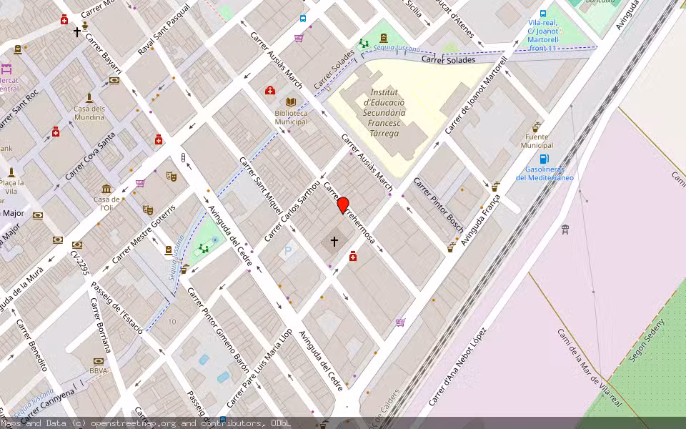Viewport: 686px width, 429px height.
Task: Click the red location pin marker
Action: [x=343, y=204]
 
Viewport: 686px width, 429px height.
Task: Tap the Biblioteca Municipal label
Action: [x=291, y=117]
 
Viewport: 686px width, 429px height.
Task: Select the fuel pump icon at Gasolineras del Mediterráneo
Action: [x=544, y=159]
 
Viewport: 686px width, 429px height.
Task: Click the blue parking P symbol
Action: [x=288, y=251]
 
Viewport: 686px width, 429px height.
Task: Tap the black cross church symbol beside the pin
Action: [x=334, y=242]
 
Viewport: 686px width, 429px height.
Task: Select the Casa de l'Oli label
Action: [x=106, y=203]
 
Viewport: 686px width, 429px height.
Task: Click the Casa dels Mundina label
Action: [x=89, y=112]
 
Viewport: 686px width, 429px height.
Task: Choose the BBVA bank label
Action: [x=99, y=371]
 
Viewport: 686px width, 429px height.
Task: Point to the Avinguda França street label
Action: [x=480, y=215]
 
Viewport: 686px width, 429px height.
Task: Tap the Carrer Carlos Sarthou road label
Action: [x=294, y=207]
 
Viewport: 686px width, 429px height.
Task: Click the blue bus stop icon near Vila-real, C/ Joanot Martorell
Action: [x=543, y=13]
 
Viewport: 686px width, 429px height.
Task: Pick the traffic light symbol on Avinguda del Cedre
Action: [x=183, y=158]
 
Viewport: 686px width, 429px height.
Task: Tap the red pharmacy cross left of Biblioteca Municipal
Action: [x=270, y=90]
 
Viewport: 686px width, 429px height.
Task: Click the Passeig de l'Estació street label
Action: [x=122, y=315]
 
